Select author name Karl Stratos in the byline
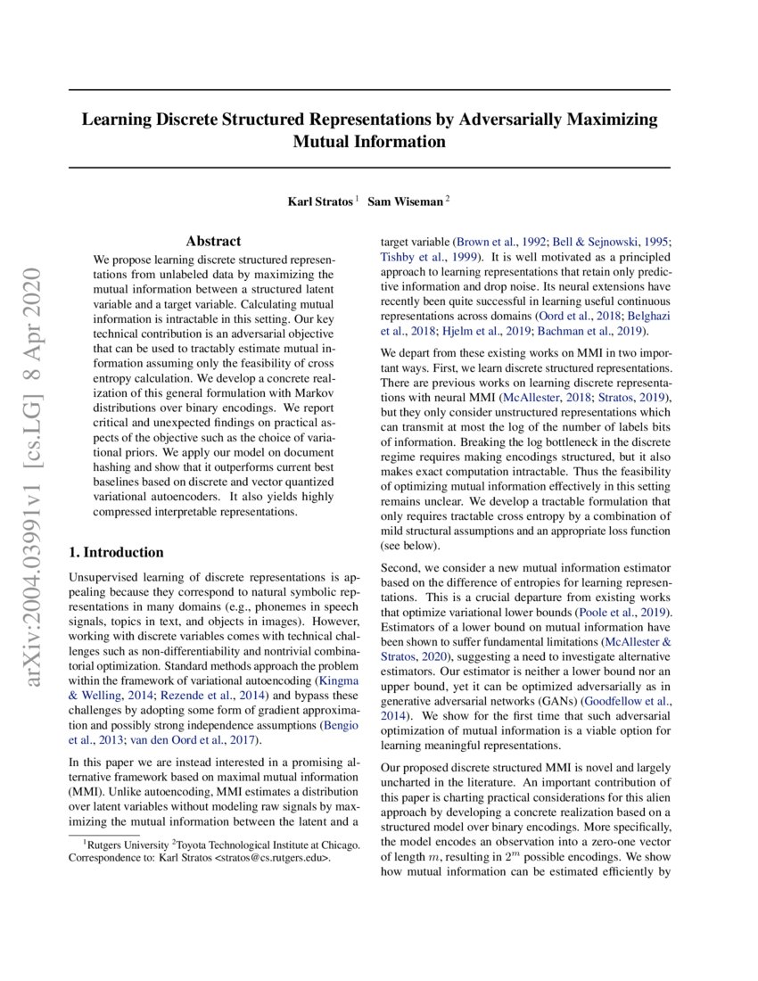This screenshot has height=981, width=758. (318, 202)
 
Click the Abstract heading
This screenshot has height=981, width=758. (213, 241)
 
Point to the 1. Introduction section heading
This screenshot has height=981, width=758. (117, 552)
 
